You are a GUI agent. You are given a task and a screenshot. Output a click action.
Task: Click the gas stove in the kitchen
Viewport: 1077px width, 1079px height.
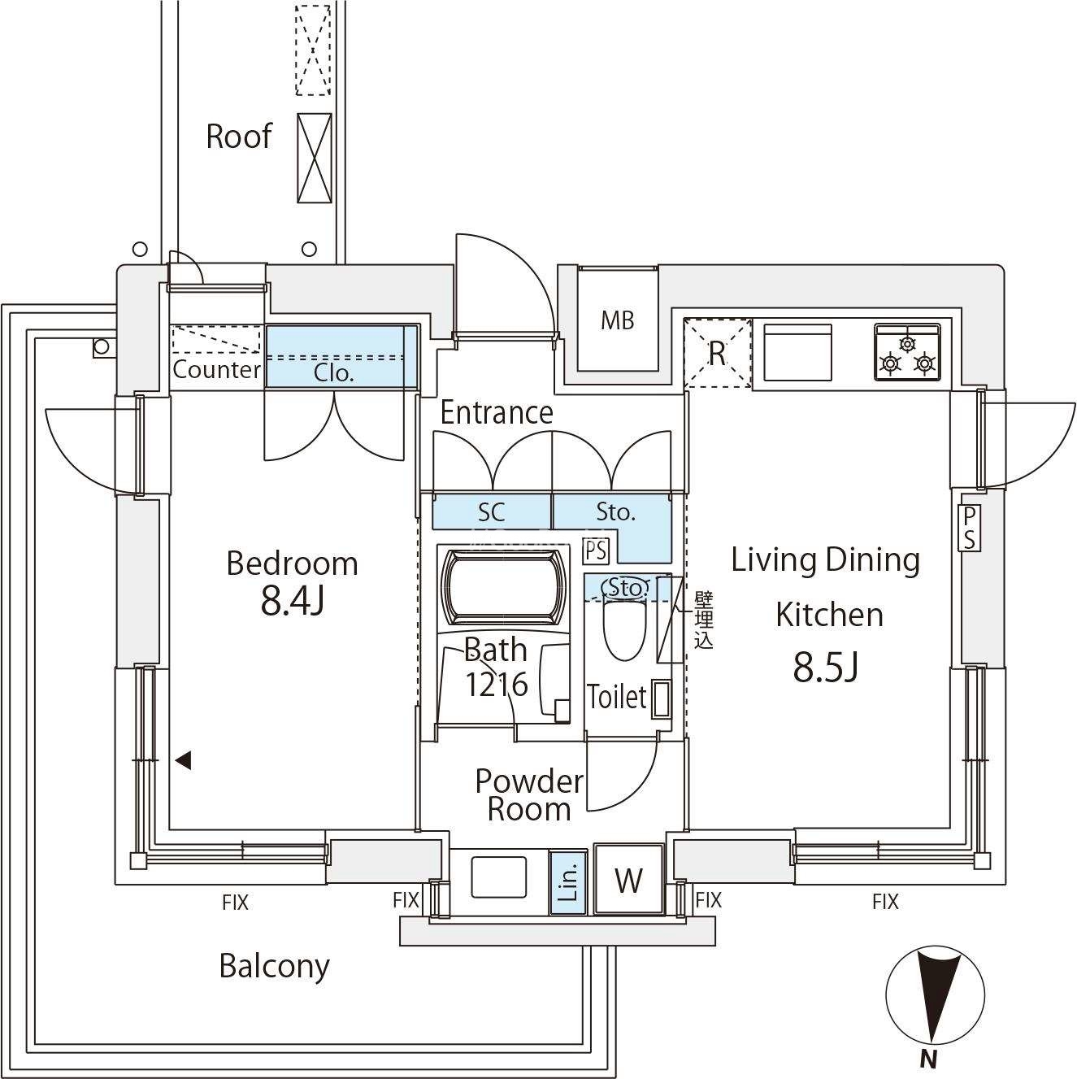[x=907, y=351]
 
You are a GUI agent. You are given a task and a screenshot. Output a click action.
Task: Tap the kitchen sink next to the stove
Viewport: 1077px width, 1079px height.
[x=798, y=352]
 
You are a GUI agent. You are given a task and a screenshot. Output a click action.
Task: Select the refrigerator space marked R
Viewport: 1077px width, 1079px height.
[x=717, y=354]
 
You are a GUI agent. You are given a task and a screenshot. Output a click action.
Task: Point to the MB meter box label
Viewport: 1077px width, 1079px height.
[x=617, y=321]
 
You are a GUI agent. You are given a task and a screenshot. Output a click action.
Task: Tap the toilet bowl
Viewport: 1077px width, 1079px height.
[x=623, y=630]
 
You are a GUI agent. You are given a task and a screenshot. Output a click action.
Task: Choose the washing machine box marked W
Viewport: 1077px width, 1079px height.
[x=628, y=880]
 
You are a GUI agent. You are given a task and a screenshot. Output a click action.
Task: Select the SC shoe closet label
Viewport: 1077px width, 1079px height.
[x=491, y=511]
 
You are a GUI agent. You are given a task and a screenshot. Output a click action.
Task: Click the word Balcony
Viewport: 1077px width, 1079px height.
[x=275, y=967]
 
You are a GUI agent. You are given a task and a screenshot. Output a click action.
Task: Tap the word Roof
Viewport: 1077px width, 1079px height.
[x=238, y=136]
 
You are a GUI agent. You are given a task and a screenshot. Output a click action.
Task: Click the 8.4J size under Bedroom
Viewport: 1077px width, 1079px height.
[x=293, y=602]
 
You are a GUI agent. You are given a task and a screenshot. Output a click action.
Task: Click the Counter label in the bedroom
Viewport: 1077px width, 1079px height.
[x=216, y=370]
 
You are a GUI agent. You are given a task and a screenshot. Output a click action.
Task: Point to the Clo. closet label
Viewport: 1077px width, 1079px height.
[x=334, y=373]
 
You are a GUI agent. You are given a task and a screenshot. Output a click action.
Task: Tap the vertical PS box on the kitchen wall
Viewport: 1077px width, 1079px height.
[x=969, y=528]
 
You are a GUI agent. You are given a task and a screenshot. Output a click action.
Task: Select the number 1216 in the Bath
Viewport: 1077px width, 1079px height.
[x=496, y=685]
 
